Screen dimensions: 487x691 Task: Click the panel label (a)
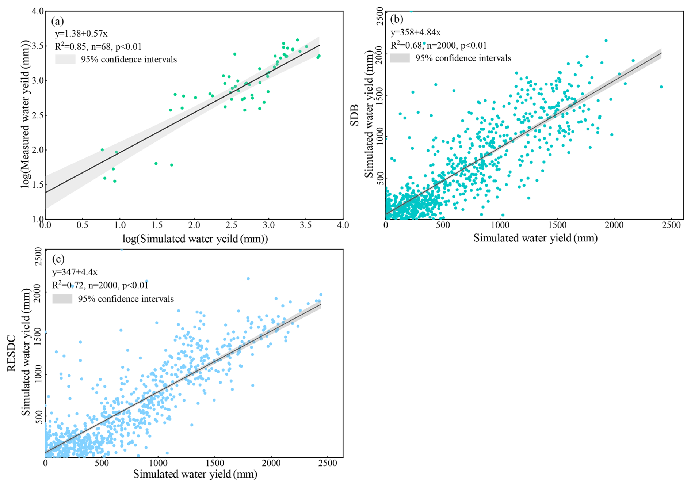57,22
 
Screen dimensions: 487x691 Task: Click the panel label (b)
396,19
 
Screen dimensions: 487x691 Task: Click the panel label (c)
58,259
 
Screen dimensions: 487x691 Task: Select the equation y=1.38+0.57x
81,34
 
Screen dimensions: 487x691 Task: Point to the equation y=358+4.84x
416,33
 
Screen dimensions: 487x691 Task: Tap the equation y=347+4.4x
75,272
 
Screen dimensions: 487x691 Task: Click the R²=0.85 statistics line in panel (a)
98,47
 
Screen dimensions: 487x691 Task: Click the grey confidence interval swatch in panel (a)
65,59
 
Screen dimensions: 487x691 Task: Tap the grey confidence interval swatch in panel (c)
62,299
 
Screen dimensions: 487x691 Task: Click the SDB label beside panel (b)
354,115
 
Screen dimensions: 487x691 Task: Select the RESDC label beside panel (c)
11,353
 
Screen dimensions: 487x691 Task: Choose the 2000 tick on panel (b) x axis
614,225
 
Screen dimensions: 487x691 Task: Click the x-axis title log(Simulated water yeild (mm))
195,239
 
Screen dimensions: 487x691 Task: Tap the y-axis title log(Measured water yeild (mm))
25,114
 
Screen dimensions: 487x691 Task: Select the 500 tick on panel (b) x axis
443,225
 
